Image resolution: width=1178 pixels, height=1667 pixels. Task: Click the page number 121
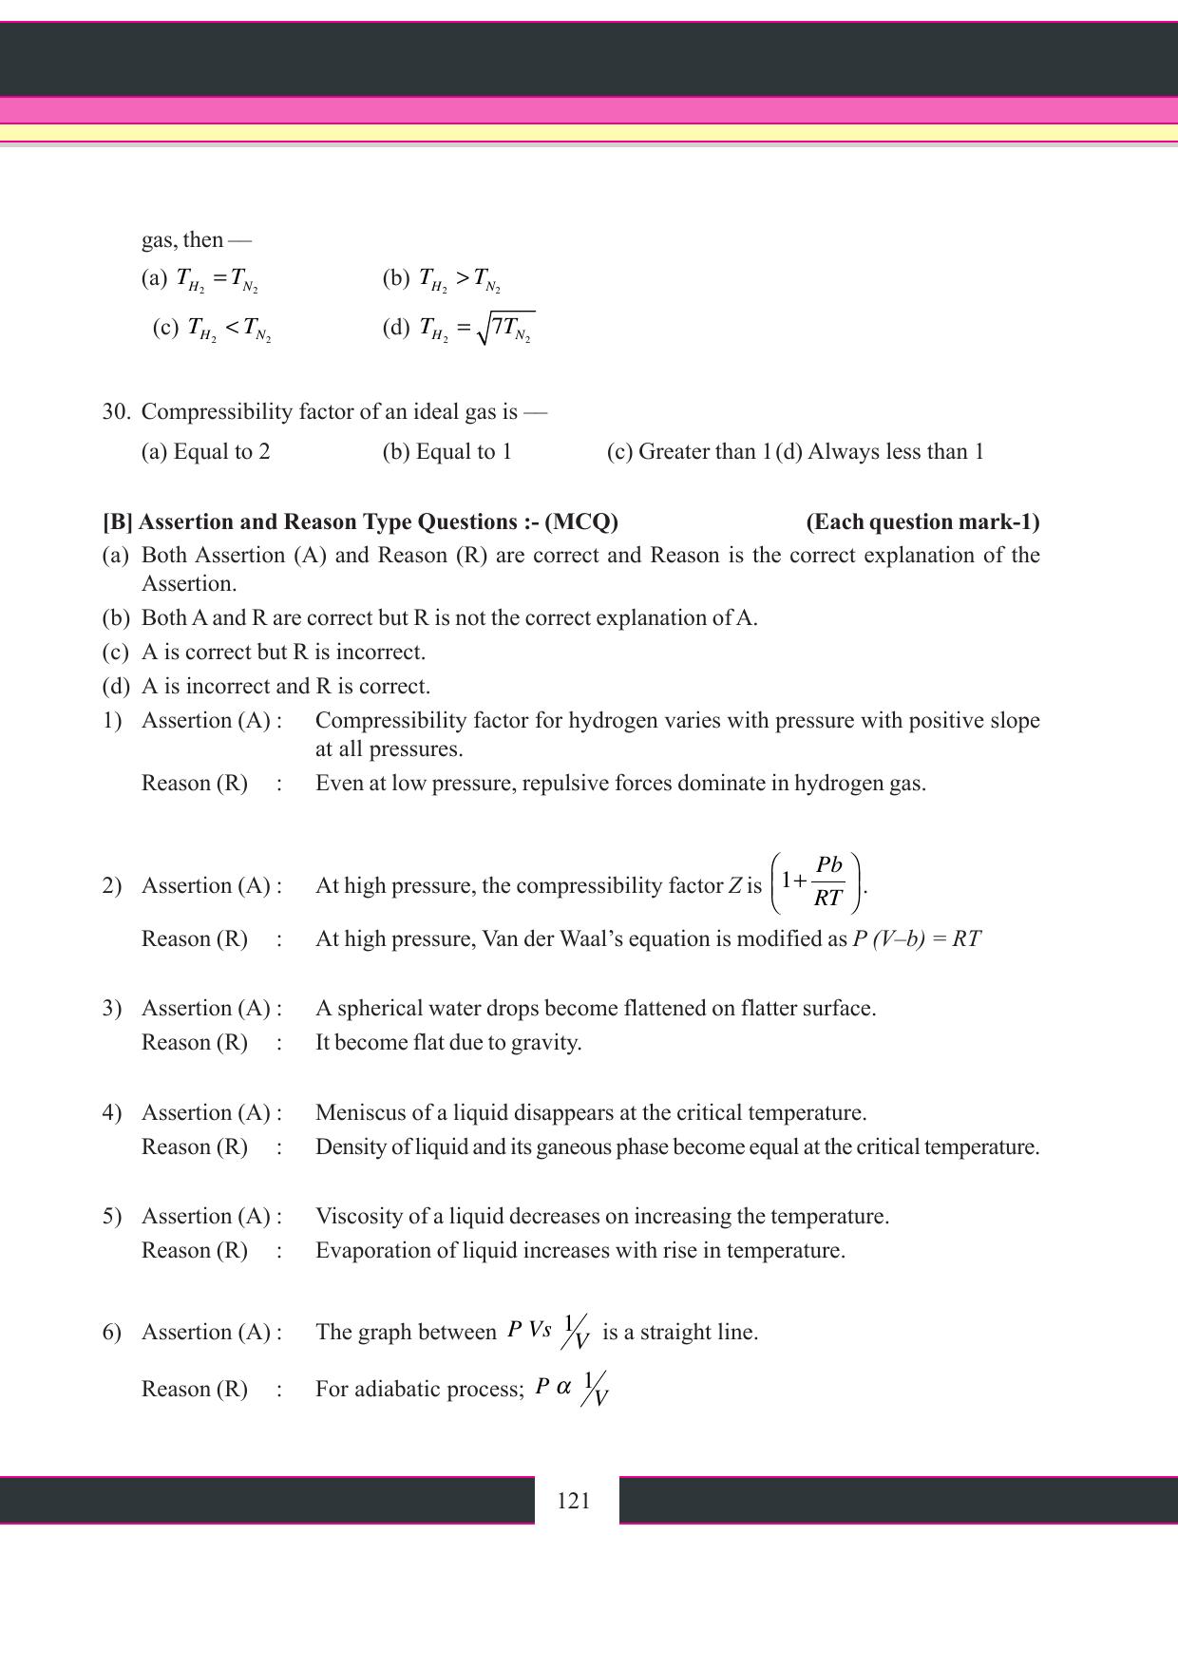pos(574,1501)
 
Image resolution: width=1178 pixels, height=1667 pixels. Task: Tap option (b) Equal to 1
pos(447,452)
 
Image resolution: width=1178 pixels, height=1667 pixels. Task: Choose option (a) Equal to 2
pos(205,452)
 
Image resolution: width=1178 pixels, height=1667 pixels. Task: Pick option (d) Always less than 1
pos(880,452)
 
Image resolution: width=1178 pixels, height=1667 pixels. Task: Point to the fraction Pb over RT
pos(828,881)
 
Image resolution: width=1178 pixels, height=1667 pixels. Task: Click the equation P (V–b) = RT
pos(917,939)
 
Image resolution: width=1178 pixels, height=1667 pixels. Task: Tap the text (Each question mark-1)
pos(922,522)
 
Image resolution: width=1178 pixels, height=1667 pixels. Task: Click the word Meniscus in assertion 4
pos(356,1113)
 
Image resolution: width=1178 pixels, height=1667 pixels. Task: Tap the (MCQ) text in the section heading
pos(581,522)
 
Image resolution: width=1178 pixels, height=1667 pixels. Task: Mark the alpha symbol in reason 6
pos(563,1387)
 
